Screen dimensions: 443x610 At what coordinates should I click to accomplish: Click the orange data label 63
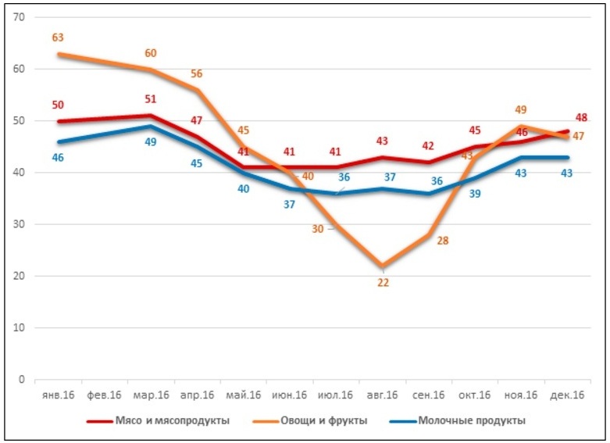click(58, 37)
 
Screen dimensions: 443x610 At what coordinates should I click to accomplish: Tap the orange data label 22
click(383, 283)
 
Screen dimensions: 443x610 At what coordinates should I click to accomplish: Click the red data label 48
click(580, 118)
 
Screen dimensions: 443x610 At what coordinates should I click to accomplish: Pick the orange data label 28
click(442, 241)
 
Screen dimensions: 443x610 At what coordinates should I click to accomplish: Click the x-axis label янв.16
click(59, 395)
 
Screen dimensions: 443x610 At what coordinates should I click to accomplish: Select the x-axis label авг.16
click(383, 395)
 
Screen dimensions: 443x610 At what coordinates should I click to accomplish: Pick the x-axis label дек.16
click(568, 395)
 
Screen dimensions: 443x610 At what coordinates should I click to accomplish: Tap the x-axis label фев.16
click(104, 395)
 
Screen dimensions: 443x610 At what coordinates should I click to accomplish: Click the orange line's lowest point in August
click(383, 266)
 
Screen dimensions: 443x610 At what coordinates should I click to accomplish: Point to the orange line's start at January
click(59, 54)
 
